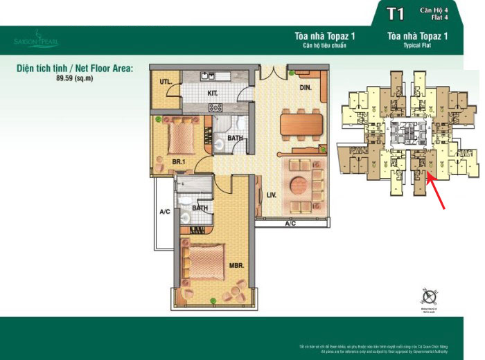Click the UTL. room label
click(x=165, y=82)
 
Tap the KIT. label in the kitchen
click(x=213, y=92)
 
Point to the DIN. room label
click(x=306, y=88)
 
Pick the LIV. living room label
click(x=270, y=196)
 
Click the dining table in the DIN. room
click(x=301, y=125)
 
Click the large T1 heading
click(x=395, y=15)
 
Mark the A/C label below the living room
click(x=290, y=224)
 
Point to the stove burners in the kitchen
click(x=215, y=107)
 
